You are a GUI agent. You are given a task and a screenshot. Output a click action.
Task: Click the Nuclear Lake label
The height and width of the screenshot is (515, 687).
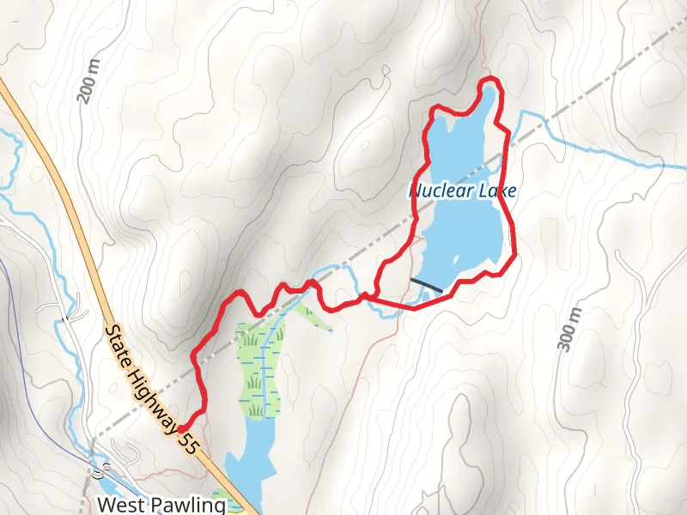[462, 191]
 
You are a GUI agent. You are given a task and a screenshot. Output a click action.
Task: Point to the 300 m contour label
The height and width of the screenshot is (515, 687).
[568, 329]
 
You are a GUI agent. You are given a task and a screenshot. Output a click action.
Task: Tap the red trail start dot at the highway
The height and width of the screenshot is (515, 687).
[182, 427]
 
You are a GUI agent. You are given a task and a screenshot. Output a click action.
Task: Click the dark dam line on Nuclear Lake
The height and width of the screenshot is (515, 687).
[427, 285]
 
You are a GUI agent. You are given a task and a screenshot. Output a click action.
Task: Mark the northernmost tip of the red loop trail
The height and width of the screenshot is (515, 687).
[490, 80]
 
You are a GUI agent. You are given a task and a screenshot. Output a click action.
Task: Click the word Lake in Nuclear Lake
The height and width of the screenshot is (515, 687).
[496, 191]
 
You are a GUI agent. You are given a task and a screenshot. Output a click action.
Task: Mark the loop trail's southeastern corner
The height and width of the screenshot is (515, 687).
[514, 256]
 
